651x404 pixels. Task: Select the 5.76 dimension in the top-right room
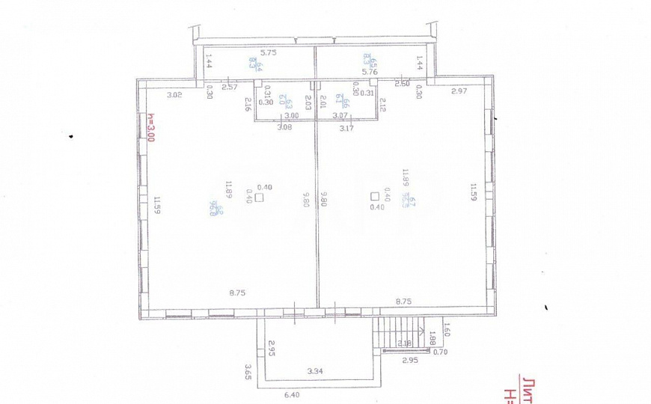pyautogui.click(x=370, y=72)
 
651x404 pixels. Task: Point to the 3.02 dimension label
pyautogui.click(x=174, y=94)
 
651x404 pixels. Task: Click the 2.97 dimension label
pyautogui.click(x=459, y=91)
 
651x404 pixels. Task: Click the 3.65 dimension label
pyautogui.click(x=247, y=370)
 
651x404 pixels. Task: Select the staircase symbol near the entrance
pyautogui.click(x=400, y=332)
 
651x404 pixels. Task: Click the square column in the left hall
pyautogui.click(x=258, y=198)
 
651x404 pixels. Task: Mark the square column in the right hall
pyautogui.click(x=374, y=197)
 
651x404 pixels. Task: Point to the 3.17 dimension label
pyautogui.click(x=346, y=129)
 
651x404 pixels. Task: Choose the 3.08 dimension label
pyautogui.click(x=285, y=128)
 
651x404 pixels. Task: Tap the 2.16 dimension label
pyautogui.click(x=247, y=105)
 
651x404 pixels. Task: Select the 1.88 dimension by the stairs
pyautogui.click(x=432, y=339)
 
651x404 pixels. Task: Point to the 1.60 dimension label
pyautogui.click(x=447, y=327)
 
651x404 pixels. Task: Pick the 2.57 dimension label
pyautogui.click(x=230, y=88)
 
